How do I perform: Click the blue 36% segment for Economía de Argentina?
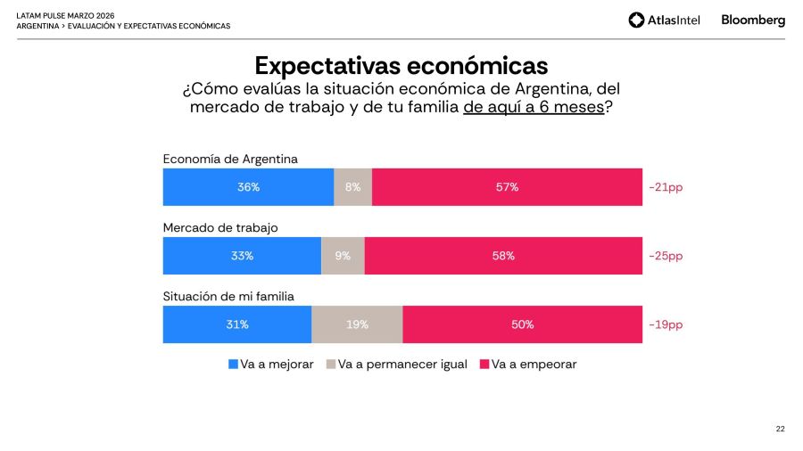tap(248, 187)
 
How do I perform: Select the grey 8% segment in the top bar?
tap(352, 187)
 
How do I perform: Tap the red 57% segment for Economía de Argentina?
tap(507, 187)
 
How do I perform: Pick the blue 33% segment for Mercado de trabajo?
tap(242, 256)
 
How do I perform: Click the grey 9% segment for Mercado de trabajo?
tap(343, 256)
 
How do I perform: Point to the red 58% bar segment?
tap(503, 256)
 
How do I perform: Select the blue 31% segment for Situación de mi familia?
tap(236, 324)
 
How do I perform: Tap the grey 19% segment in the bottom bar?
tap(357, 324)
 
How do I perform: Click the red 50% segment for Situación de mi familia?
tap(522, 324)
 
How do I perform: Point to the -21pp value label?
tap(666, 187)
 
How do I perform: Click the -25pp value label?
tap(666, 256)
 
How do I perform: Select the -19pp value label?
tap(666, 324)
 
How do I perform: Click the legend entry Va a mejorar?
tap(271, 365)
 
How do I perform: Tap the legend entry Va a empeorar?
tap(528, 365)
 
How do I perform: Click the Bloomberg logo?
tap(753, 20)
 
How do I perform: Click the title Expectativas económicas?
tap(401, 66)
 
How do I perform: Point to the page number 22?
tap(780, 429)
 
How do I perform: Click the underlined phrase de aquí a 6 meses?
tap(533, 107)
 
